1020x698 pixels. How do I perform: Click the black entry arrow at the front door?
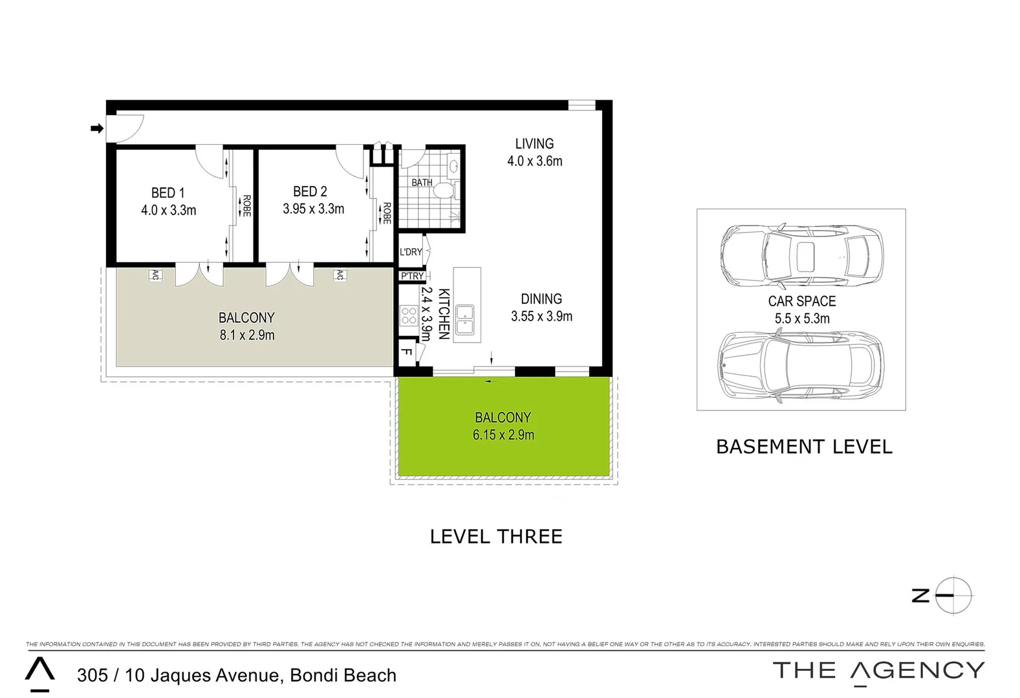coord(97,129)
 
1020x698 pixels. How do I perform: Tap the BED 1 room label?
coord(168,193)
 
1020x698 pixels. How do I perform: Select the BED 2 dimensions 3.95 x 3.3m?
coord(313,209)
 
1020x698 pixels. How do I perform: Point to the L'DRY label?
coord(411,252)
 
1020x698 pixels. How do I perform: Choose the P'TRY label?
coord(412,276)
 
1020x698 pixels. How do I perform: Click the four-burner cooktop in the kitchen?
coord(409,315)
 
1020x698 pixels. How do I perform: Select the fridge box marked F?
coord(407,352)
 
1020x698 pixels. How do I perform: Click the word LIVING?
coord(534,143)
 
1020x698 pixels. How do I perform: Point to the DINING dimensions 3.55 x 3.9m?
coord(541,316)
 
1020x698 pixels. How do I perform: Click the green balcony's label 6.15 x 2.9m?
coord(503,435)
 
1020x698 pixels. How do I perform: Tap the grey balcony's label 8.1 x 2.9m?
coord(246,335)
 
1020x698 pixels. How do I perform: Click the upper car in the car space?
coord(801,257)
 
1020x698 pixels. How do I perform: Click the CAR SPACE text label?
coord(801,301)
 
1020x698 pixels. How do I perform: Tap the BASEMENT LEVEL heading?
coord(804,447)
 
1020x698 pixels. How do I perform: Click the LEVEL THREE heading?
coord(496,536)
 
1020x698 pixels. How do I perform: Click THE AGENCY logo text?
coord(878,671)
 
